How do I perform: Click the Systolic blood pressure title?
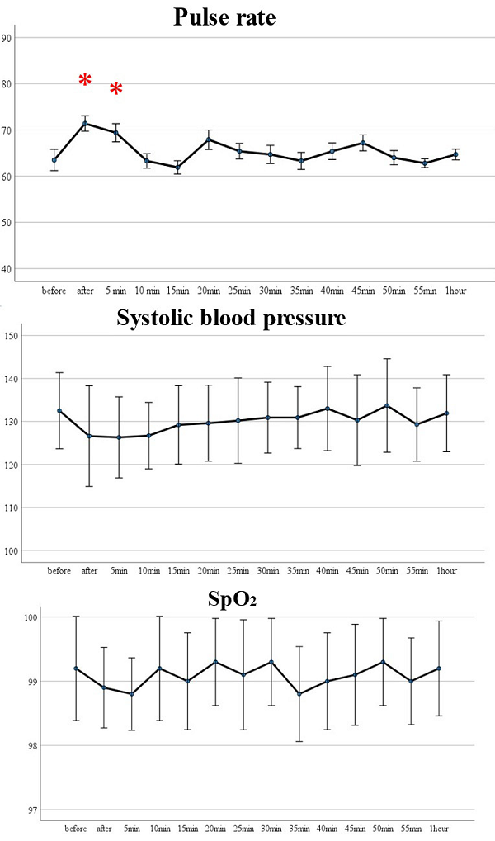click(x=230, y=318)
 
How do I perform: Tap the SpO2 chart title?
click(x=231, y=600)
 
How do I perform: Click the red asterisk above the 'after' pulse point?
click(x=85, y=80)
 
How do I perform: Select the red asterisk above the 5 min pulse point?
click(x=116, y=89)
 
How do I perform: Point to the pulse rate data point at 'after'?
click(x=85, y=123)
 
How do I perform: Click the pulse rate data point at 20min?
click(x=209, y=139)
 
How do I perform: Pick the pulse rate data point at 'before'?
click(x=54, y=160)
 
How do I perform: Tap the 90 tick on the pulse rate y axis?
click(x=7, y=38)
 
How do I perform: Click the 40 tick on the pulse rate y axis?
click(x=7, y=269)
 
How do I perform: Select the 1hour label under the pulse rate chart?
click(x=455, y=291)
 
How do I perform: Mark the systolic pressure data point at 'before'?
click(x=59, y=410)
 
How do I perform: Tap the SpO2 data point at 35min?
click(x=299, y=694)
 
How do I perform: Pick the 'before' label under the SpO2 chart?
click(x=75, y=828)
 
